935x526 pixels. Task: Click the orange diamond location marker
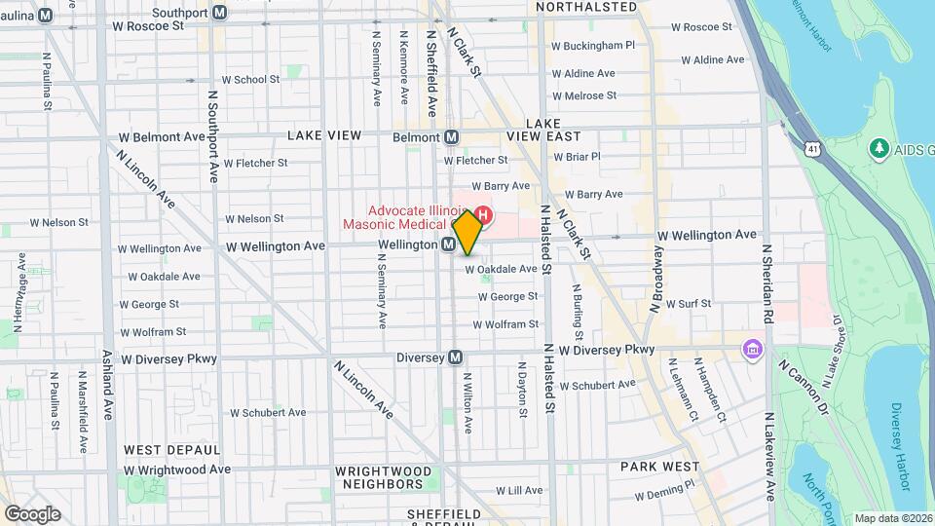(467, 234)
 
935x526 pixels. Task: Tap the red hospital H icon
(482, 214)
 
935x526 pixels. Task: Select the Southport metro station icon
(220, 13)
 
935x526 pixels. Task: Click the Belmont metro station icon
(452, 137)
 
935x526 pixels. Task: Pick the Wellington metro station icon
(449, 244)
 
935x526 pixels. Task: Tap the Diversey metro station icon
(455, 357)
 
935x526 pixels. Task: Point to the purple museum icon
(752, 349)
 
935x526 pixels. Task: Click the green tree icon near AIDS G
(879, 148)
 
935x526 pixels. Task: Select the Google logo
(32, 513)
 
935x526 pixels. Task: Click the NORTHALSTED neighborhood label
(586, 7)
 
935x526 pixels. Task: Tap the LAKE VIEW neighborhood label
(324, 135)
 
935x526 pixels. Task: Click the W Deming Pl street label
(664, 493)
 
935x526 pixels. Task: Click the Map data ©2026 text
(893, 518)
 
